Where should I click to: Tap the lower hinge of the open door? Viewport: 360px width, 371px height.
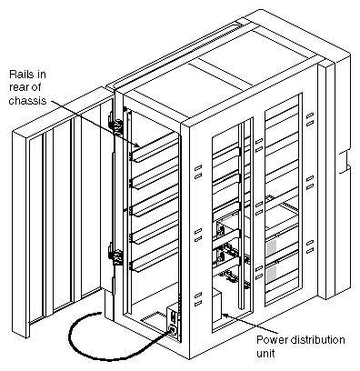coord(115,250)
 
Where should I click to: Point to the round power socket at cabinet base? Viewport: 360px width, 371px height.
coord(170,330)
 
